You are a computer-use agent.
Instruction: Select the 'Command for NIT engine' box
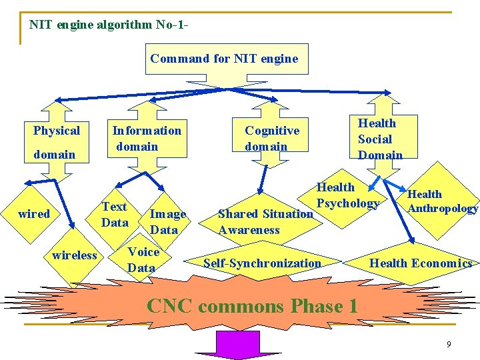pyautogui.click(x=224, y=59)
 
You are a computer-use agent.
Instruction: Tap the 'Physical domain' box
pyautogui.click(x=57, y=142)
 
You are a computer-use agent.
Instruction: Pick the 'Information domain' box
pyautogui.click(x=147, y=138)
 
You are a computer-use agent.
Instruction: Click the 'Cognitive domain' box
pyautogui.click(x=272, y=138)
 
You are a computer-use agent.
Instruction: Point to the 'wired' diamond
pyautogui.click(x=34, y=214)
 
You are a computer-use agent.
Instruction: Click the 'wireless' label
pyautogui.click(x=75, y=255)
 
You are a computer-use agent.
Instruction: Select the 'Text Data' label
pyautogui.click(x=115, y=215)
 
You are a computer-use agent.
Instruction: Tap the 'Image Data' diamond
pyautogui.click(x=166, y=221)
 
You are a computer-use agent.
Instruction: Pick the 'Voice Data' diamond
pyautogui.click(x=143, y=259)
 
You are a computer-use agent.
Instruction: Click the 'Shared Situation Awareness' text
pyautogui.click(x=265, y=222)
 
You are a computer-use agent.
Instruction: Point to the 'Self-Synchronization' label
pyautogui.click(x=262, y=263)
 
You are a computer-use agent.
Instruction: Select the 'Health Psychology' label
pyautogui.click(x=347, y=195)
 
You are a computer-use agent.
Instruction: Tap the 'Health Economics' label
pyautogui.click(x=421, y=263)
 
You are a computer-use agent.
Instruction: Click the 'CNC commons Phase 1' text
pyautogui.click(x=252, y=306)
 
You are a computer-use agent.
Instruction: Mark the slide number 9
pyautogui.click(x=449, y=344)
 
